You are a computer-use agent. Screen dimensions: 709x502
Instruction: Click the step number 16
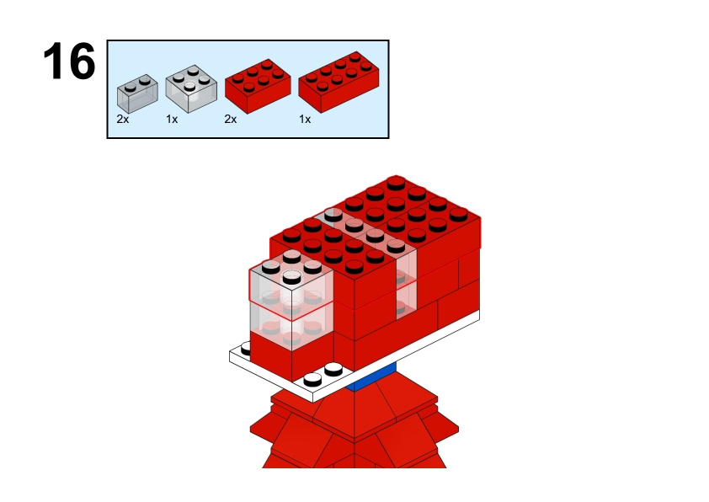[69, 61]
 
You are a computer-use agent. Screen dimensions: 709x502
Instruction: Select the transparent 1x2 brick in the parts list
[137, 93]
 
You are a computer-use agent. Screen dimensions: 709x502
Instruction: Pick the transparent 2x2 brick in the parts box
[191, 88]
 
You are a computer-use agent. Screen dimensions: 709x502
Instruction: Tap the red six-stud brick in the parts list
[258, 86]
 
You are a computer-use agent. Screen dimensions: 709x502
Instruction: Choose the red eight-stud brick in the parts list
[339, 83]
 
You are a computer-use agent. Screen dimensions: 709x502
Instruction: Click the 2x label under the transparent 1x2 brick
[123, 119]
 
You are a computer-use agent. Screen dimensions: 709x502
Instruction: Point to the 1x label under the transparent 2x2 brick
[172, 119]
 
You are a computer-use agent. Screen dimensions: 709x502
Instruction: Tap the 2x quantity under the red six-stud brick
[231, 119]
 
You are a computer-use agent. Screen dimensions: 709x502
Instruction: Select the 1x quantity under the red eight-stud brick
[305, 119]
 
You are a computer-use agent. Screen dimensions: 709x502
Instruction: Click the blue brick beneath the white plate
[371, 377]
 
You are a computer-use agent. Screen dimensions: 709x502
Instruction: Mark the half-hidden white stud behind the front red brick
[246, 349]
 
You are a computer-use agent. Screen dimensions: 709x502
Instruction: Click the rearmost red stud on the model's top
[396, 182]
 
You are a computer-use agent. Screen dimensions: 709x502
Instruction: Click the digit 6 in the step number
[83, 61]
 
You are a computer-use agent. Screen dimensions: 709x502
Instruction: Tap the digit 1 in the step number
[54, 61]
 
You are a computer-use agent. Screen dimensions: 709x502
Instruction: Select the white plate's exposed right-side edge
[396, 356]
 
